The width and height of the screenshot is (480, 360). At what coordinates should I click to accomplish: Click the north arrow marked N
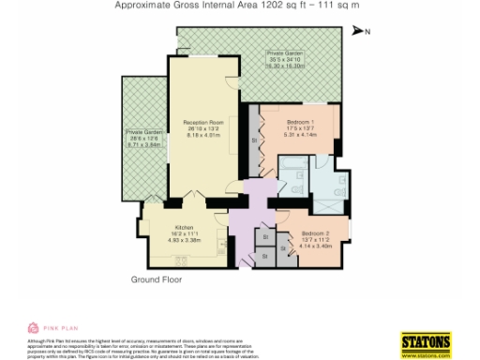tap(360, 32)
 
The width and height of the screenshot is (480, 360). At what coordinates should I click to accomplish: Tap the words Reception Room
tap(202, 123)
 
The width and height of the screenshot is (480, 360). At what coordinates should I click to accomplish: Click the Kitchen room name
tap(183, 228)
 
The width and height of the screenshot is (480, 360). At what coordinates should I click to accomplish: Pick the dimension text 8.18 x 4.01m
tap(202, 136)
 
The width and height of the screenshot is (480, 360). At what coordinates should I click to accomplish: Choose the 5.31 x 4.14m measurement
tap(300, 135)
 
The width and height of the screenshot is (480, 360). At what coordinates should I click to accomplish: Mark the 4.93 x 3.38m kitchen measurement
tap(183, 241)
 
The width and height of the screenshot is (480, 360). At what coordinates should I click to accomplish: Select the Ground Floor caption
tap(155, 280)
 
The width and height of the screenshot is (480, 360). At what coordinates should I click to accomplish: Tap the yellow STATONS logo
tap(426, 341)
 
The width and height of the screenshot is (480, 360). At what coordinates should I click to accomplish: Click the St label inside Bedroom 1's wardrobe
tap(254, 141)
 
